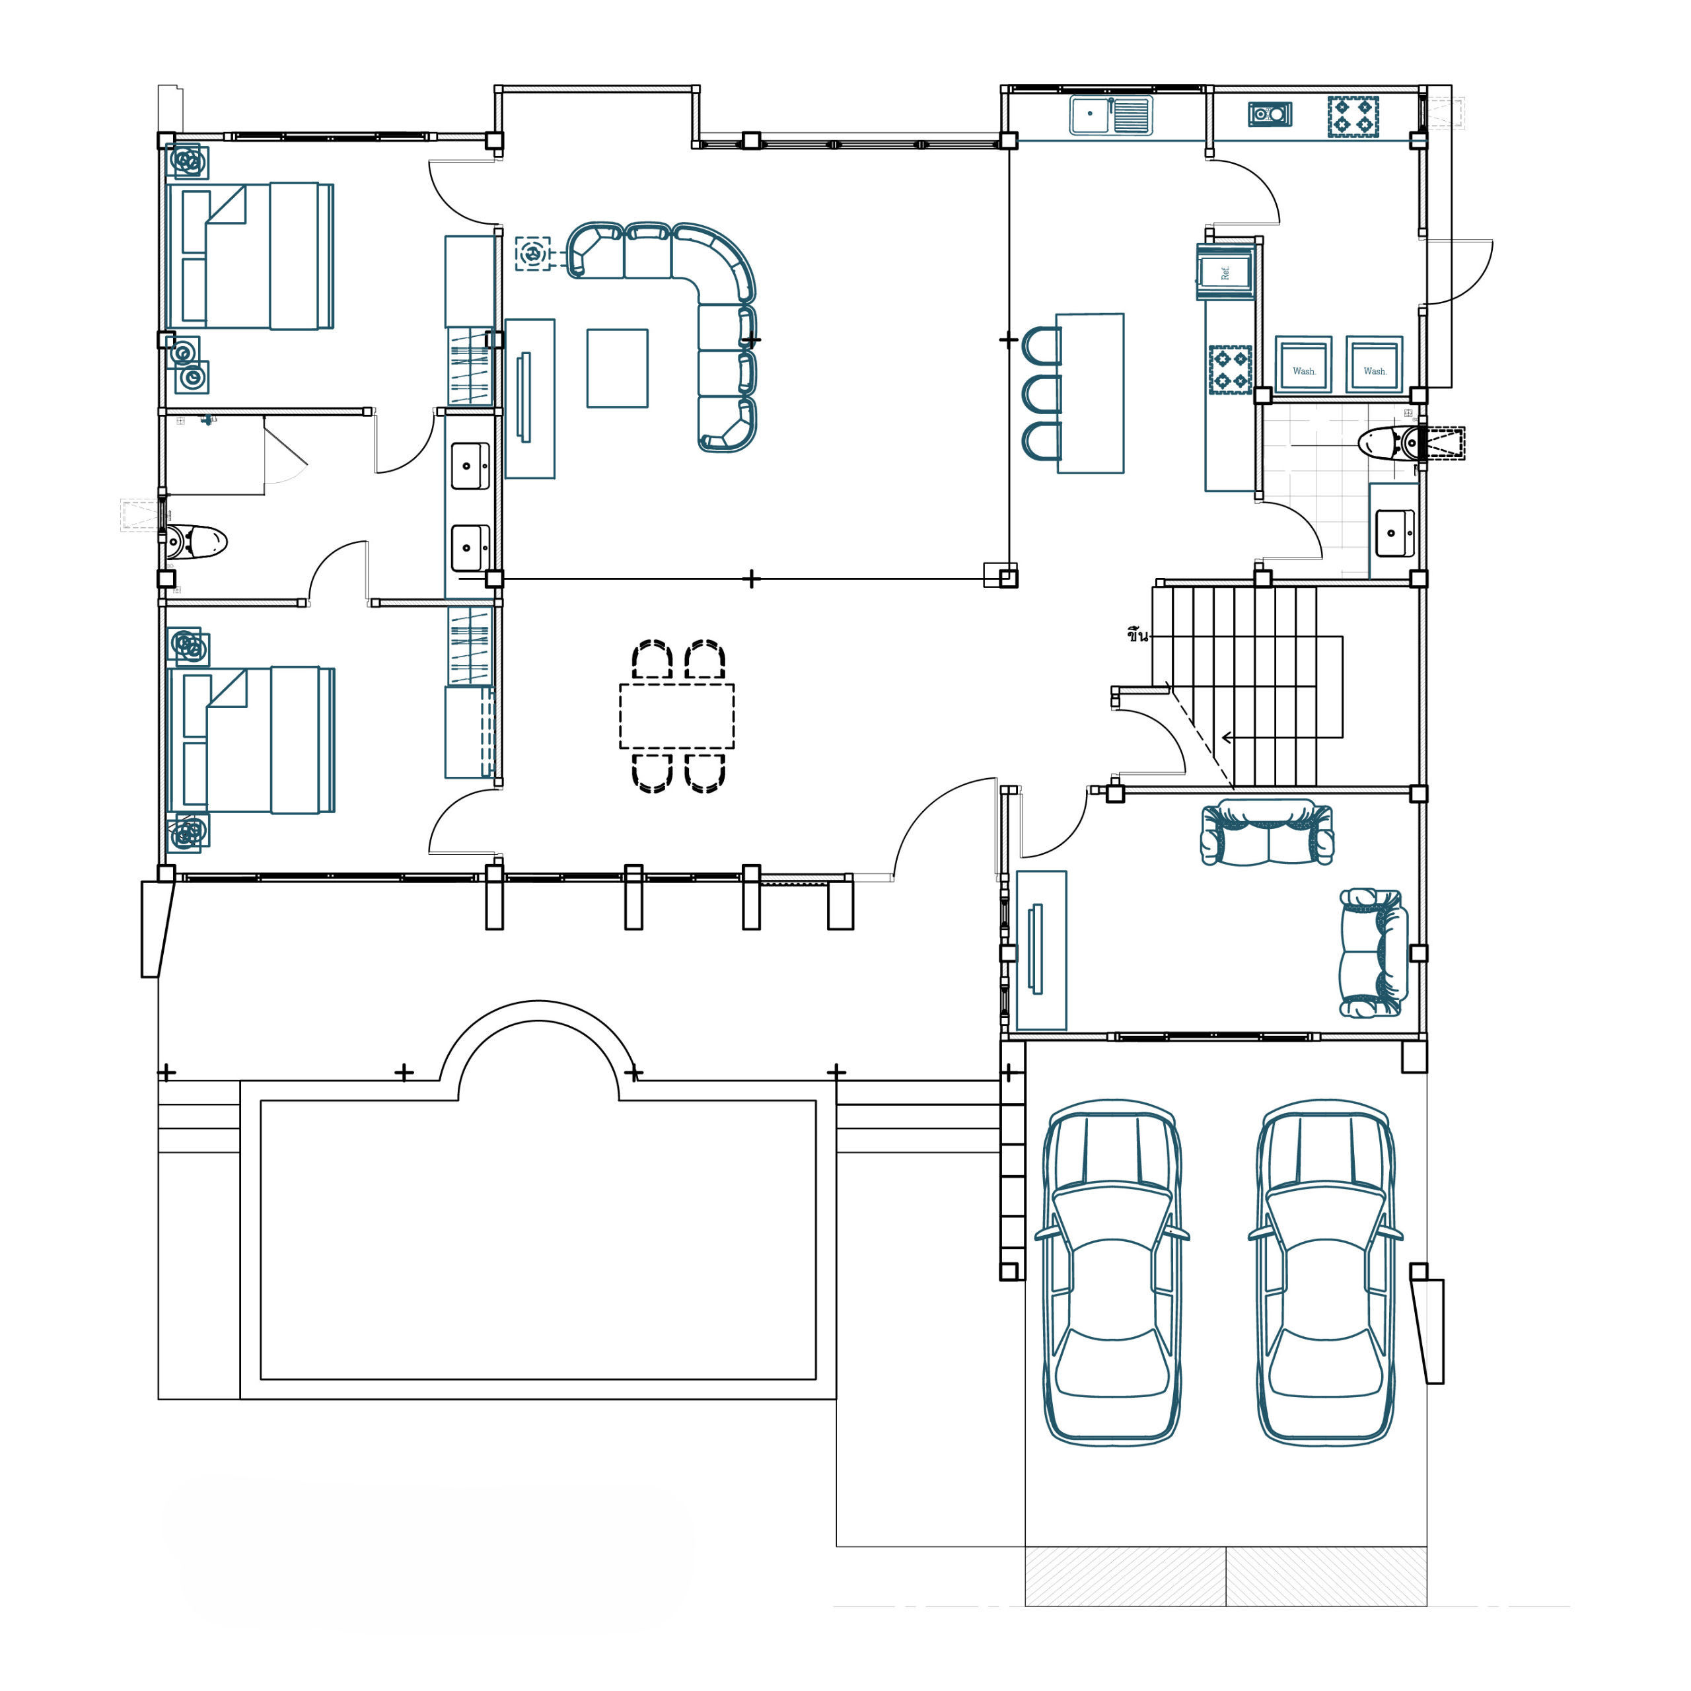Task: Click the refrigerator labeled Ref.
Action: pos(1225,271)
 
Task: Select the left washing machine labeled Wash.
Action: pos(1303,364)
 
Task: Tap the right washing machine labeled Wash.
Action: pos(1374,364)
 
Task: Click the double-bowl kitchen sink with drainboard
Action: pos(1110,115)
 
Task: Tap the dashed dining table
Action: pos(676,716)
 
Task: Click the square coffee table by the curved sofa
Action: pos(617,369)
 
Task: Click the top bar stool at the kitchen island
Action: pos(1042,345)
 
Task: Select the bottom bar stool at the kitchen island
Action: pos(1042,441)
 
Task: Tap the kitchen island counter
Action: pos(1090,393)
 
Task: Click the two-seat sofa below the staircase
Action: pos(1268,832)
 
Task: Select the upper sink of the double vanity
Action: pos(470,466)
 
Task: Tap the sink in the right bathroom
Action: pos(1394,533)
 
